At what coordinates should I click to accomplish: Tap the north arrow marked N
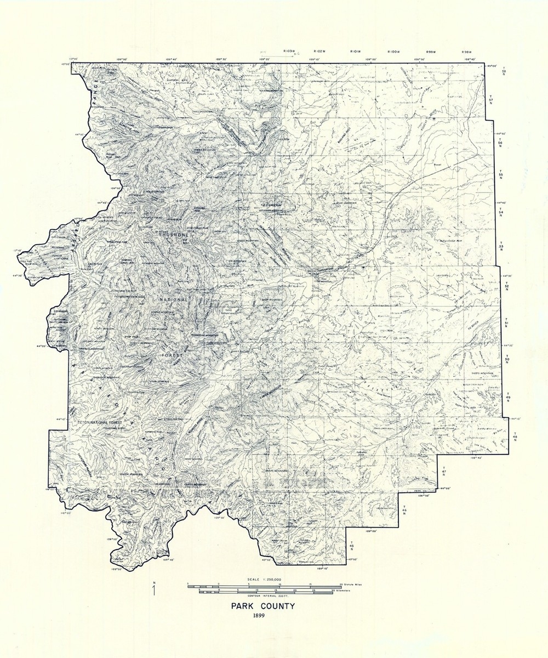pos(155,589)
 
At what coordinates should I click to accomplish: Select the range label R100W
pos(392,51)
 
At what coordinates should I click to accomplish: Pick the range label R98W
pos(467,51)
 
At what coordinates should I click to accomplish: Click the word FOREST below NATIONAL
pos(174,355)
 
